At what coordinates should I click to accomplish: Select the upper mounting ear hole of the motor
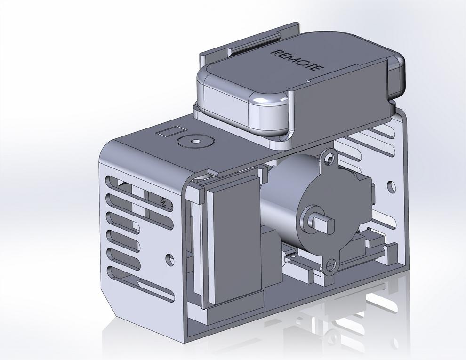pos(329,156)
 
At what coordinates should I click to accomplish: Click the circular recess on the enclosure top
pos(194,141)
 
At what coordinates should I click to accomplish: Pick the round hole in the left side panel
pos(170,258)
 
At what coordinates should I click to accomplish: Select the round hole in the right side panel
pos(391,187)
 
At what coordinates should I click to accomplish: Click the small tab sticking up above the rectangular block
pos(200,193)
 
